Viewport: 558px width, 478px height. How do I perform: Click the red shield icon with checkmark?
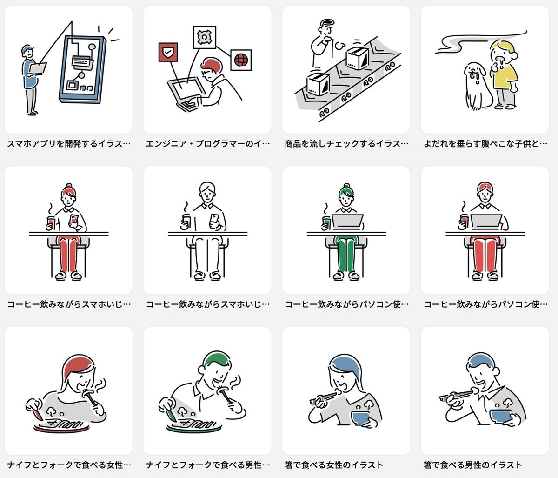(168, 52)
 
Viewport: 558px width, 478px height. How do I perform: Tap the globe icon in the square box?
(241, 60)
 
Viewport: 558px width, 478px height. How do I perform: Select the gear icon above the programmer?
(204, 37)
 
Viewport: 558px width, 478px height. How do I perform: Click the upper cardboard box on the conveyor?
(358, 58)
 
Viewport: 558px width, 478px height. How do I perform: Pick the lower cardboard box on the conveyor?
(318, 84)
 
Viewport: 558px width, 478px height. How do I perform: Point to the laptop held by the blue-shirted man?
(38, 69)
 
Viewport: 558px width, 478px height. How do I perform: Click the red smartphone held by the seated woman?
(73, 219)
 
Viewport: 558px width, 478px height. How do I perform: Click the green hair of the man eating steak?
(217, 358)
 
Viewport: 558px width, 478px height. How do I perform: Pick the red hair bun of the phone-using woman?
(69, 186)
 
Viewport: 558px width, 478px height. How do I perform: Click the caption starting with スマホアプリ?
(68, 143)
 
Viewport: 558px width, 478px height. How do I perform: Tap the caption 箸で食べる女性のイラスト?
(334, 465)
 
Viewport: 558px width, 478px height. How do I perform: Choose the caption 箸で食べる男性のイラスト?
(473, 465)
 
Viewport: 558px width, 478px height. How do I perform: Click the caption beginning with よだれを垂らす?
(485, 143)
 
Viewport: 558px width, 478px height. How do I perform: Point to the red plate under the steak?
(62, 429)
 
